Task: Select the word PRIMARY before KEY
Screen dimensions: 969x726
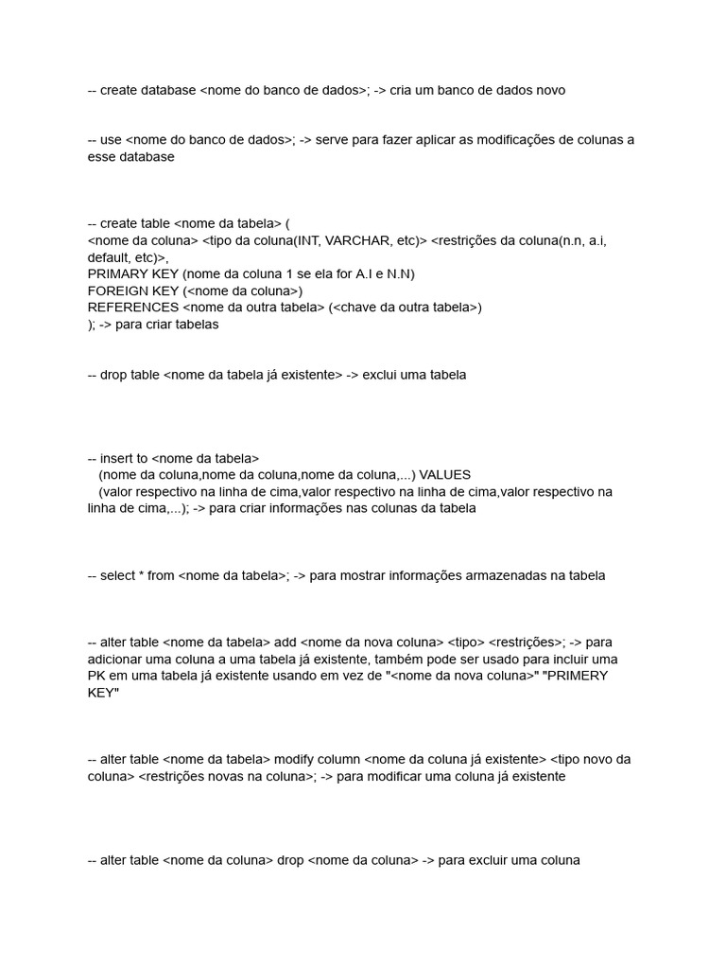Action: (x=119, y=273)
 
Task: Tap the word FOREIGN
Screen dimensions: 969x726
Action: (x=119, y=291)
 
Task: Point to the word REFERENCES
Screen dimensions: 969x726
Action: (x=132, y=308)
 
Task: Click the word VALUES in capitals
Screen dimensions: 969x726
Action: (x=445, y=474)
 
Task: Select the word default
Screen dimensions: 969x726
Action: (x=108, y=257)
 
